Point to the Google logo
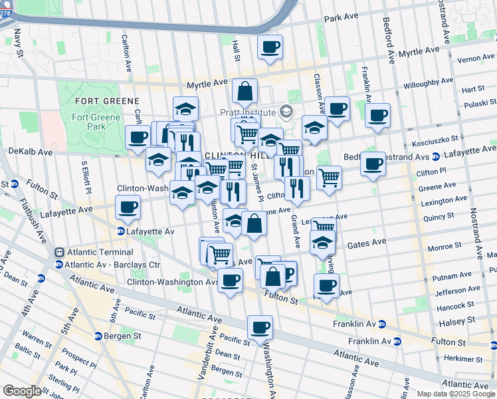pyautogui.click(x=22, y=391)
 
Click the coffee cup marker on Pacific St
pyautogui.click(x=260, y=327)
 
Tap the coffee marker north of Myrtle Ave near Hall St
pyautogui.click(x=270, y=47)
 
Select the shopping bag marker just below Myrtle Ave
pyautogui.click(x=245, y=91)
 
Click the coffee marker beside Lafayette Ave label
pyautogui.click(x=128, y=207)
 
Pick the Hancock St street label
pyautogui.click(x=455, y=305)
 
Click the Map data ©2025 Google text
pyautogui.click(x=455, y=394)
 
